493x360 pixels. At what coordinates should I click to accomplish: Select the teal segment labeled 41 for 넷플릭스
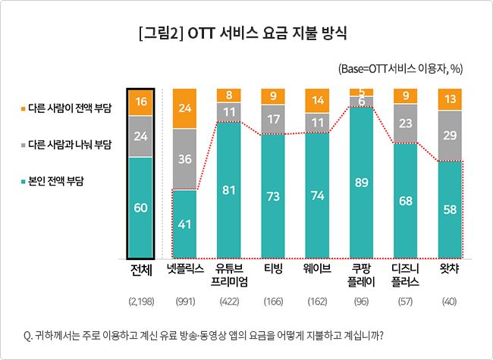(x=185, y=224)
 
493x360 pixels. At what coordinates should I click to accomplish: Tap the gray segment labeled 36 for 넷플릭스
(x=185, y=160)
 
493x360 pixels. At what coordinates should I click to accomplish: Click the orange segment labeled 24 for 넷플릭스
(x=185, y=108)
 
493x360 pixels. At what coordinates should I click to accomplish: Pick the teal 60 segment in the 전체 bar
(x=140, y=208)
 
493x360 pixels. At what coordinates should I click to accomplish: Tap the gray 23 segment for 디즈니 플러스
(x=406, y=123)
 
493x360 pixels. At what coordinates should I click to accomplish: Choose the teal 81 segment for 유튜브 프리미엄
(x=229, y=189)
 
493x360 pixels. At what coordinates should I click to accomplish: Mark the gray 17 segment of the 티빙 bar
(x=273, y=119)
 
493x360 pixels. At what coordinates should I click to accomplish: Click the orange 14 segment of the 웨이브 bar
(x=318, y=100)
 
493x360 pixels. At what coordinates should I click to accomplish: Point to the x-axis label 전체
(x=141, y=268)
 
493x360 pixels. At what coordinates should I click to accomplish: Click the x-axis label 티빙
(x=273, y=268)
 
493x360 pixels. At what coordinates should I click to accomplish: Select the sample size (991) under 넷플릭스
(x=185, y=302)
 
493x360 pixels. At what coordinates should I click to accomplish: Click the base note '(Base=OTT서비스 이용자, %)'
(x=400, y=69)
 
